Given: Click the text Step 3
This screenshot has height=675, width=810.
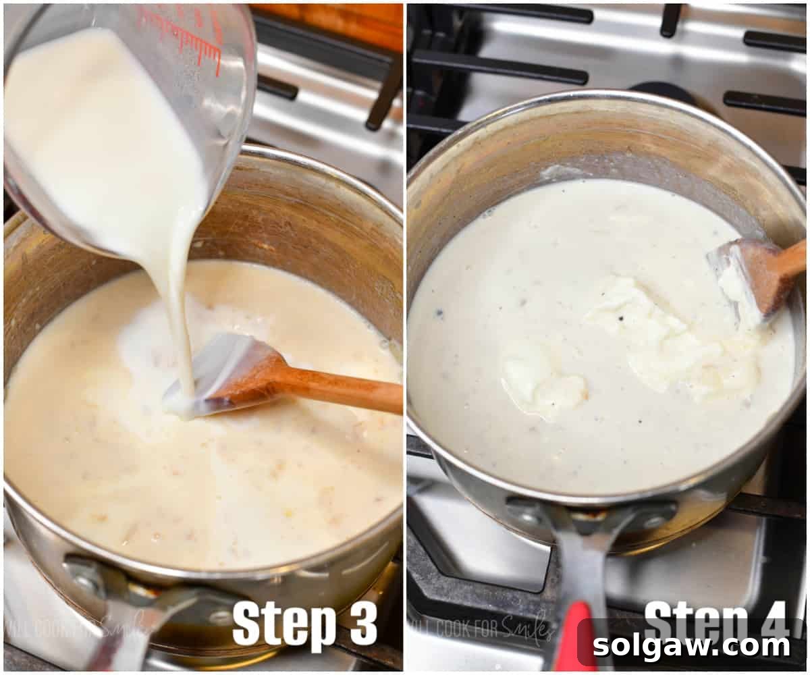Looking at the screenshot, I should point(304,624).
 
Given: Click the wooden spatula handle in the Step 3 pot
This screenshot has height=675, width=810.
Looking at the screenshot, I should point(337,390).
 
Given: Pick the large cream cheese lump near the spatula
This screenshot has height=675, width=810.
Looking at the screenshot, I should point(675,337).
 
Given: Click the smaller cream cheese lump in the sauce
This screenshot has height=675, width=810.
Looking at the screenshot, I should point(540,381).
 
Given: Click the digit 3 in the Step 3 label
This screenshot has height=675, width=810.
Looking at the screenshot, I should point(363,624).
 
